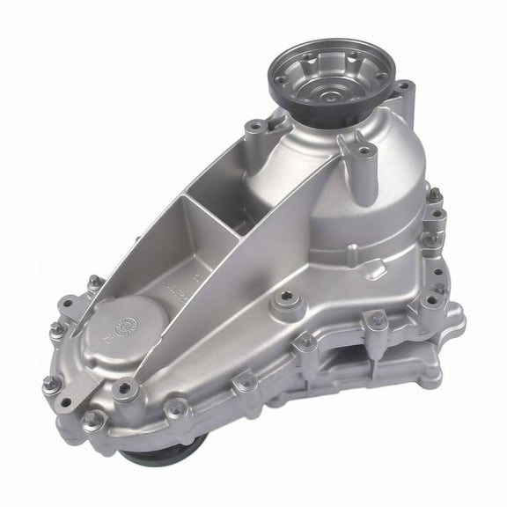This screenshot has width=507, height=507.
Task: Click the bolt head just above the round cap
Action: point(94,283)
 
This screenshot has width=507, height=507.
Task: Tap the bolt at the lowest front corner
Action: point(92,422)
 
